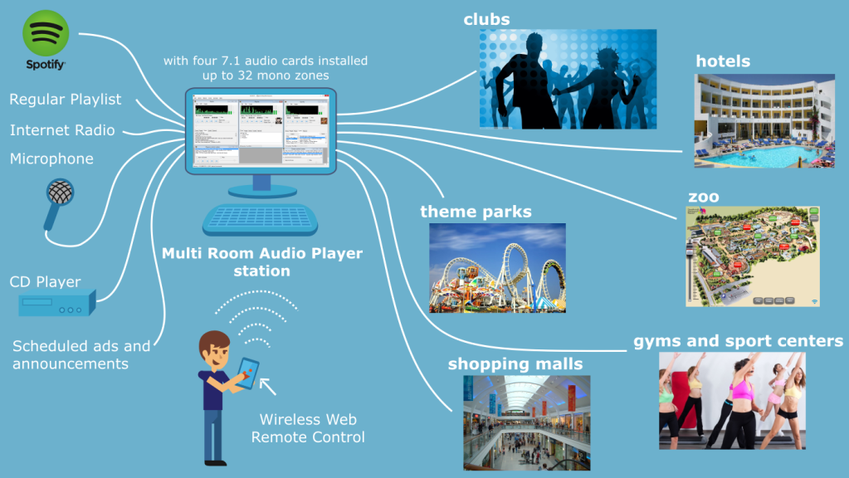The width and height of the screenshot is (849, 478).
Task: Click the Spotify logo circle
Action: (45, 34)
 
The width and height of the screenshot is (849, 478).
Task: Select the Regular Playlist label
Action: (66, 100)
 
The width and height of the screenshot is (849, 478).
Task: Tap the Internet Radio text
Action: (62, 130)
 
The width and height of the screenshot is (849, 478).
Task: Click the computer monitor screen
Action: (261, 132)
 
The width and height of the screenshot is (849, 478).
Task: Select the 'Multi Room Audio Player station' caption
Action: (262, 261)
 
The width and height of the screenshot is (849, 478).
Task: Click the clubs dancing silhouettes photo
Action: (568, 80)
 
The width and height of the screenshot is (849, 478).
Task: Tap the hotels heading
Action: (723, 61)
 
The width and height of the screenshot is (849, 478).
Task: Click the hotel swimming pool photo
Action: (764, 120)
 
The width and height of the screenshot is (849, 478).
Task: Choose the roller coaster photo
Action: (497, 267)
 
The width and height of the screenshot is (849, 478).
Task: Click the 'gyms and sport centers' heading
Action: (738, 341)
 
